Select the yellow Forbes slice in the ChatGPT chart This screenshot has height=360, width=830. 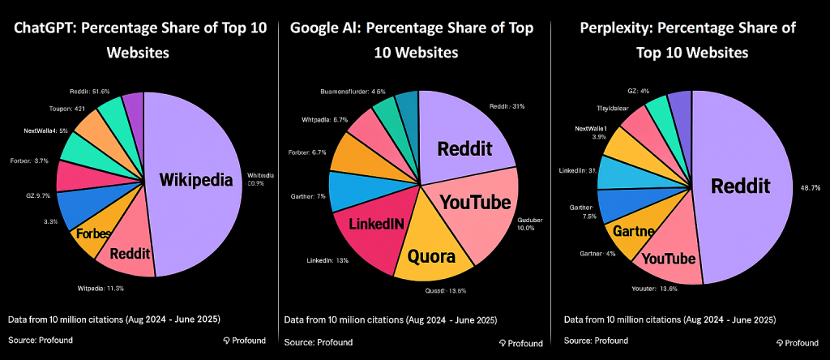(94, 235)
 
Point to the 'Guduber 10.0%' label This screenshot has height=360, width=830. (533, 225)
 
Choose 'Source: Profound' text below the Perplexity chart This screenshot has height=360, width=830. (594, 340)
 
